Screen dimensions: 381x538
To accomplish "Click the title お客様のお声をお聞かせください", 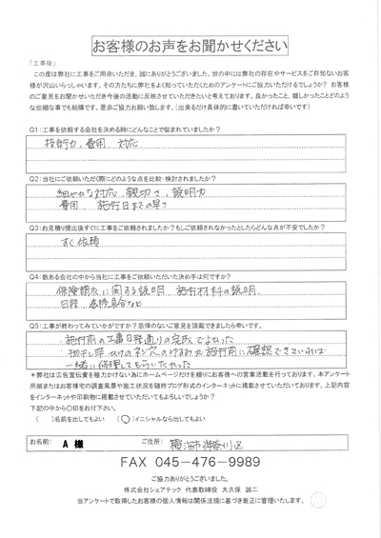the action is tap(190, 45).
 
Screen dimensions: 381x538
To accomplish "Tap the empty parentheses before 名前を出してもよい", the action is tap(39, 416).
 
